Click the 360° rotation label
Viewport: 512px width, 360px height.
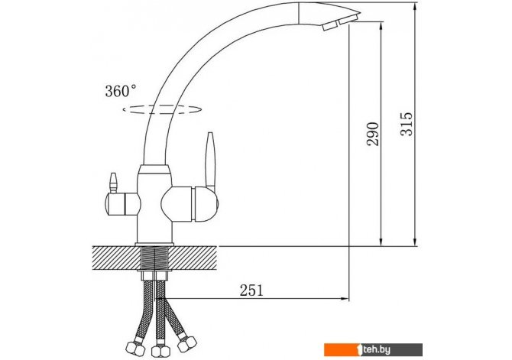(x=121, y=91)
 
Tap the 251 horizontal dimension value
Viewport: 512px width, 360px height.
(x=251, y=290)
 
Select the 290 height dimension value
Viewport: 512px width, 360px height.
(x=373, y=134)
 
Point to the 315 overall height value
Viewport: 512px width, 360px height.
(x=407, y=124)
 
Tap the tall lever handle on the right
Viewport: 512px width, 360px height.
(x=210, y=160)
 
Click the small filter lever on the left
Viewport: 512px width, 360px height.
(x=113, y=183)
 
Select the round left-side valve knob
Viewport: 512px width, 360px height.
(x=122, y=204)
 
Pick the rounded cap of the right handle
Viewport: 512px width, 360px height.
(x=206, y=203)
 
